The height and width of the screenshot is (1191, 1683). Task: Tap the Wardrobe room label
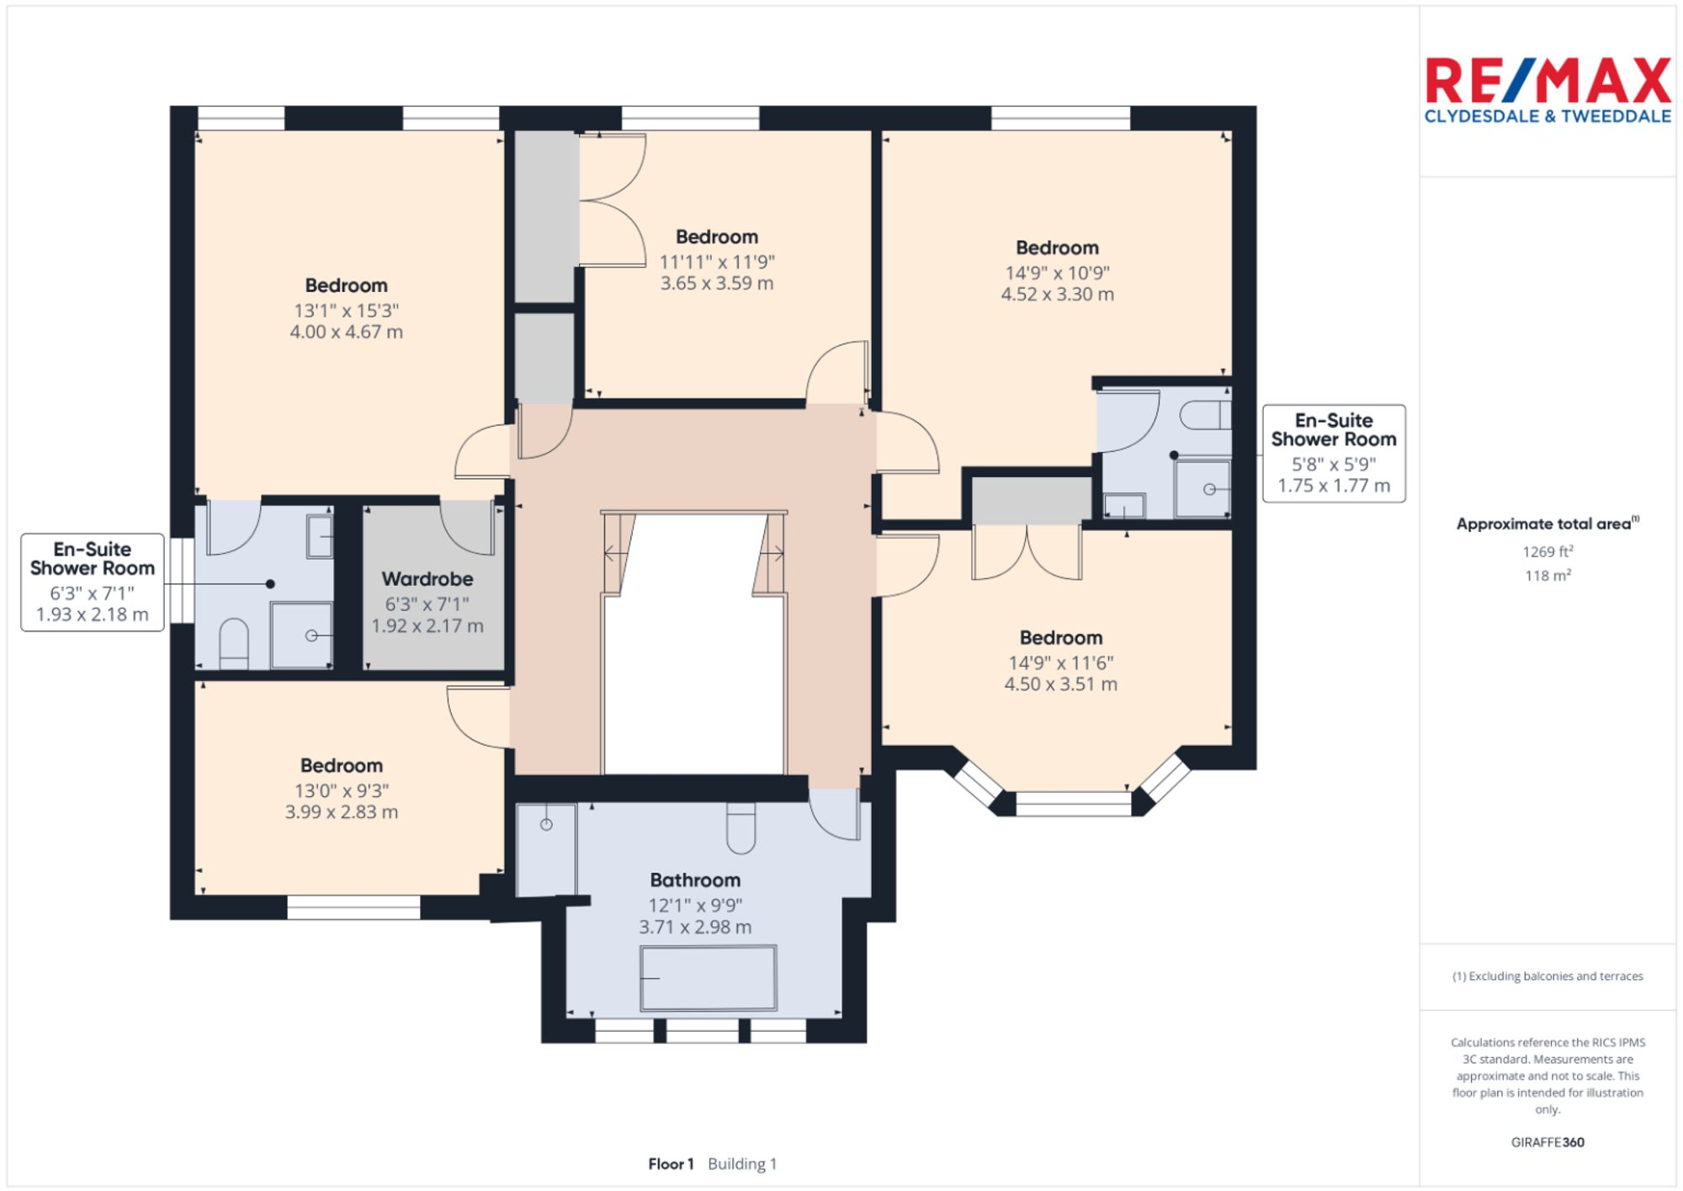click(x=427, y=579)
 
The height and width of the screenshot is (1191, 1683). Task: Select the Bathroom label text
click(x=695, y=880)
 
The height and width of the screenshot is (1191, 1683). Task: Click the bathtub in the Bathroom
click(x=708, y=977)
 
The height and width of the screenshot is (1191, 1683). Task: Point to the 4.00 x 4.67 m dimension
click(x=346, y=332)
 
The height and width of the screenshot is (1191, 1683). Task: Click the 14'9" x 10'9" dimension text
click(x=1057, y=273)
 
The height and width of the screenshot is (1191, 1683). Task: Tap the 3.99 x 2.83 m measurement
click(x=341, y=812)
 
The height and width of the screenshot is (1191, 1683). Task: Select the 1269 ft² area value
click(x=1548, y=552)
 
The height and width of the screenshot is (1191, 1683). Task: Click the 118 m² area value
click(x=1548, y=576)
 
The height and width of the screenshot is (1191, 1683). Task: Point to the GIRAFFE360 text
click(x=1548, y=1142)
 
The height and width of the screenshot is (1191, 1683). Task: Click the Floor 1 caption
click(x=671, y=1164)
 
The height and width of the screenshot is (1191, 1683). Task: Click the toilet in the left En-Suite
click(x=233, y=644)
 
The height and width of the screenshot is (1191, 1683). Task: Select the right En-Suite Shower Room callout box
click(x=1333, y=453)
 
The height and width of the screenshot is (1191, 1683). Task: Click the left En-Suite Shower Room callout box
click(x=93, y=582)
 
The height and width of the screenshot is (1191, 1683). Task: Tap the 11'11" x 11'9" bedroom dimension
click(x=716, y=262)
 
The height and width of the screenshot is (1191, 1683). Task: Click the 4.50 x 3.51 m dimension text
click(x=1060, y=684)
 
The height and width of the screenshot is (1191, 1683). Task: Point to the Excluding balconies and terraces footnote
click(x=1548, y=976)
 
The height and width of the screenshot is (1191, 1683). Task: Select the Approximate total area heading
click(x=1548, y=524)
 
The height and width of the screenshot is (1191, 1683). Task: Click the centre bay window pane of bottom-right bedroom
click(x=1073, y=805)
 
